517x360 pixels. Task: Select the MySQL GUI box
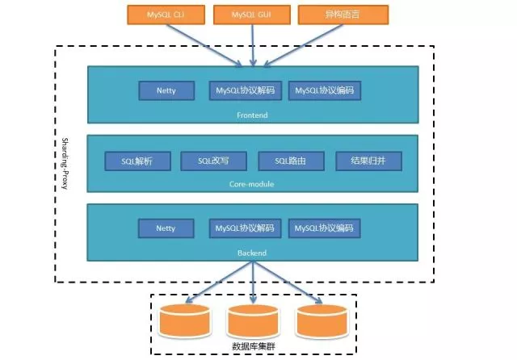click(253, 15)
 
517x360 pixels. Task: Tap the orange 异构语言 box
click(343, 15)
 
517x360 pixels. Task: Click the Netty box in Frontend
click(166, 90)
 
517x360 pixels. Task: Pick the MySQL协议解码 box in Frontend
click(245, 90)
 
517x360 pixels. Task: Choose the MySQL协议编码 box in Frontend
click(324, 90)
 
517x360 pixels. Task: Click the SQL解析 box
click(138, 161)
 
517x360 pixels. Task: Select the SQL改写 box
click(213, 161)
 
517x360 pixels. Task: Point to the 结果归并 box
click(368, 161)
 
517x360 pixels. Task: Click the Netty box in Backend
click(166, 228)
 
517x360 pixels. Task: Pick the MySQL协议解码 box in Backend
click(245, 228)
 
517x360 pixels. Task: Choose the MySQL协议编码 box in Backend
click(324, 228)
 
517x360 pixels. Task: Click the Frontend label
click(252, 116)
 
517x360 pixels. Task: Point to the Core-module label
click(252, 184)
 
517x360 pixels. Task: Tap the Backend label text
click(252, 253)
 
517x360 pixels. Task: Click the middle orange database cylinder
click(254, 322)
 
